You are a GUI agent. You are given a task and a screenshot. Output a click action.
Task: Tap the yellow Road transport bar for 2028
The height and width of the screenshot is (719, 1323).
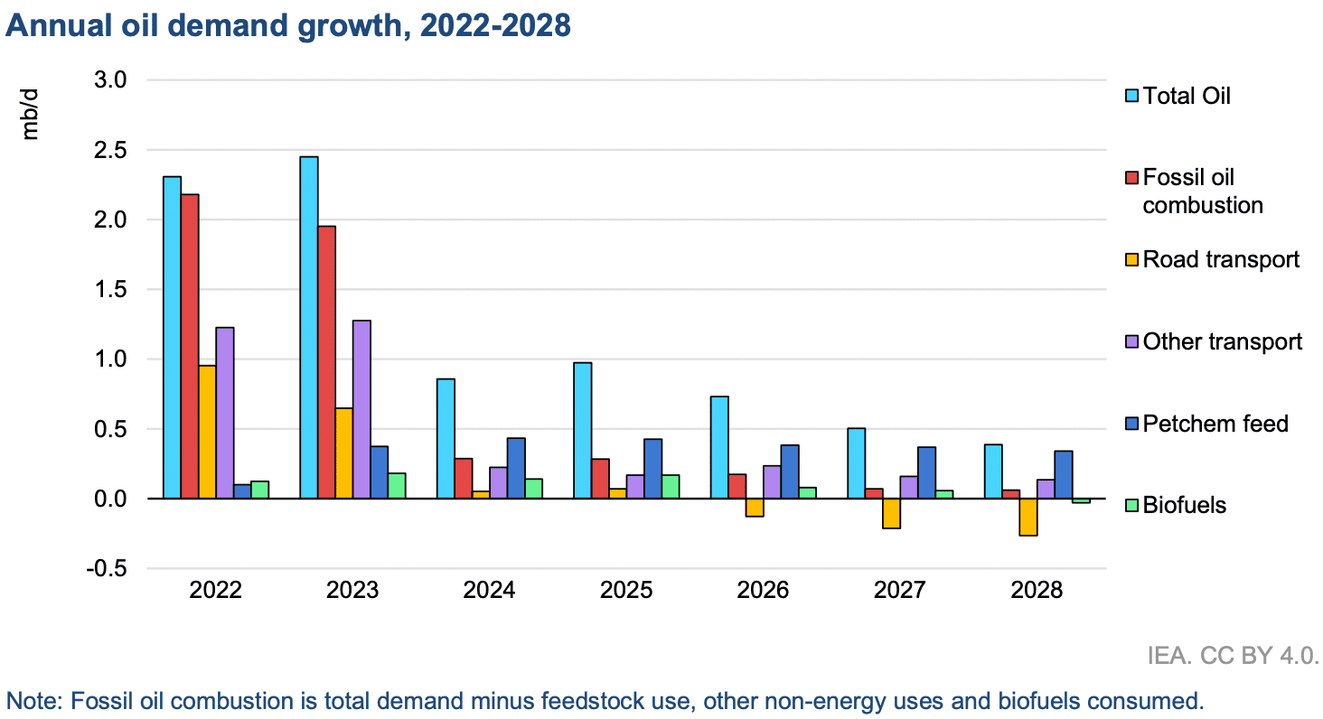[1027, 517]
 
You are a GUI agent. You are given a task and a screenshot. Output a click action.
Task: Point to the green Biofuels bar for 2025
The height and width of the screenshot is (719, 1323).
[671, 486]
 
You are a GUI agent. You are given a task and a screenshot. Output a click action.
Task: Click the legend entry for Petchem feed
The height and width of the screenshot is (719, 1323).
[1215, 423]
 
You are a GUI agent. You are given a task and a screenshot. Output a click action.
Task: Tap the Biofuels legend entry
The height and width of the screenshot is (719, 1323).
[1184, 505]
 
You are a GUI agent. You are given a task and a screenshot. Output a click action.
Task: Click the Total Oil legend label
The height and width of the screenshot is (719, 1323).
[1187, 96]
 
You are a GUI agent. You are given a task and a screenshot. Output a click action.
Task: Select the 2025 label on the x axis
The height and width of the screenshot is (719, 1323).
[626, 592]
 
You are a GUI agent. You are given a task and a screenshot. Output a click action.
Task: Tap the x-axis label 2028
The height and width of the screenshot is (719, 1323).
[1037, 592]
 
